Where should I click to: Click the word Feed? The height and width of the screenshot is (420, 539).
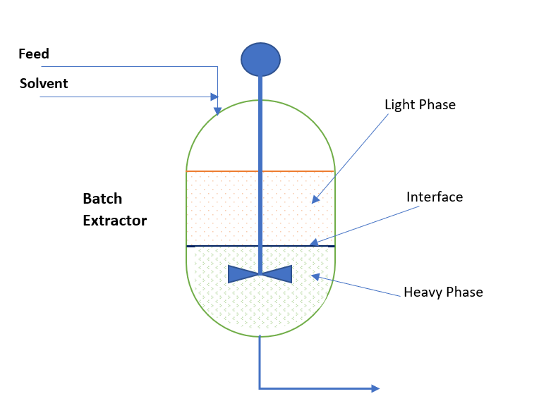(x=34, y=54)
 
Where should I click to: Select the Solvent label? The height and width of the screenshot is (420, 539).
(x=44, y=84)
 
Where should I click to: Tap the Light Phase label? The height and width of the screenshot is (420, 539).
(x=420, y=105)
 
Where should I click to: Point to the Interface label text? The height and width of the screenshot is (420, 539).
(x=435, y=197)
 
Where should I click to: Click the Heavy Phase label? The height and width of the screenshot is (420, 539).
(x=443, y=292)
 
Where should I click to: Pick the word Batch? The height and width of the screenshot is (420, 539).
(x=102, y=199)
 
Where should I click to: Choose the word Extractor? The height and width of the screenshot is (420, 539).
(x=115, y=221)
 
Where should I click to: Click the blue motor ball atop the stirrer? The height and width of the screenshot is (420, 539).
(x=260, y=59)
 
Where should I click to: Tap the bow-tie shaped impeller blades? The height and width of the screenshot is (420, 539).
(x=260, y=274)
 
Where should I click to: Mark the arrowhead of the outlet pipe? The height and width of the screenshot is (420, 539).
(x=375, y=388)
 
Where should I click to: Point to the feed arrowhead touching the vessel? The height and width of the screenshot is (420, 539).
(x=217, y=110)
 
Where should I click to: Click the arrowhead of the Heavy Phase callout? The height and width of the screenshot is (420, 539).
(x=315, y=276)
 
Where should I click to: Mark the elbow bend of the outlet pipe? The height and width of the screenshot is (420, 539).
(x=260, y=388)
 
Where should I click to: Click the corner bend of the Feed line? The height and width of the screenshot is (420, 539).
(x=217, y=67)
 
